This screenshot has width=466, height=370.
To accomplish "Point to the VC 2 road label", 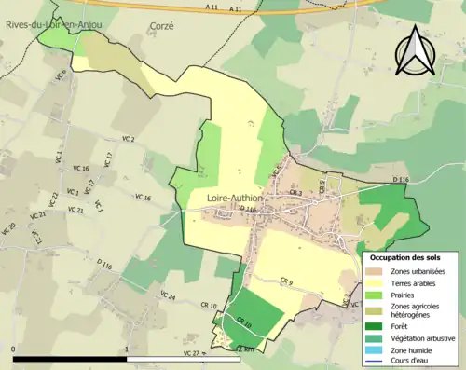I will click(128, 139).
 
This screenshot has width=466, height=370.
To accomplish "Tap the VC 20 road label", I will click(9, 228).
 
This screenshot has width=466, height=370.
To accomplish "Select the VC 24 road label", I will click(168, 296).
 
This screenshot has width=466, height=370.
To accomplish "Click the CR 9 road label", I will click(286, 281).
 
